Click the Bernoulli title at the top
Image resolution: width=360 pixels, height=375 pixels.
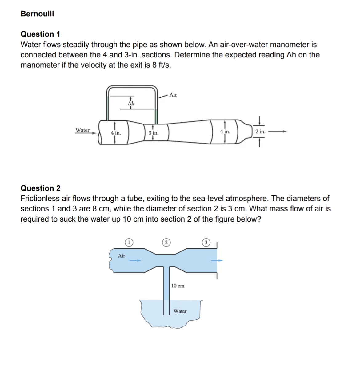point(37,14)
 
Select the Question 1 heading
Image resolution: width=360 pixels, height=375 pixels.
point(40,34)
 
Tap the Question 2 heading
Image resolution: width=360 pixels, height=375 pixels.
point(41,188)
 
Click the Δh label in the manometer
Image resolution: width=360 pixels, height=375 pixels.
point(131,104)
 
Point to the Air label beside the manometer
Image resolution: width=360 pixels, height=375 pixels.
point(173,95)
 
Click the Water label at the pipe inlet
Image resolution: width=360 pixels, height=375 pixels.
point(82,130)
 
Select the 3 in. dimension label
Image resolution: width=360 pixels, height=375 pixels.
point(154,133)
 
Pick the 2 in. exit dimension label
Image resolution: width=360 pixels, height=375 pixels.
point(260,132)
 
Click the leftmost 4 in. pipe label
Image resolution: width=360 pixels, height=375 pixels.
point(116,133)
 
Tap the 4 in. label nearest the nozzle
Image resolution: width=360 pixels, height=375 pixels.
point(225,132)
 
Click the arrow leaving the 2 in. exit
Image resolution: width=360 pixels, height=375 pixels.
point(278,132)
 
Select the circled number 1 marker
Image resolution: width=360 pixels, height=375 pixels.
point(129,243)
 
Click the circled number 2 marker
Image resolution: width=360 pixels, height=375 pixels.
point(166,243)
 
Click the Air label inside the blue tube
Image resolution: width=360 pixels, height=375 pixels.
point(122,256)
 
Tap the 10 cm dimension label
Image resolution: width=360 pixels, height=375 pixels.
point(178,286)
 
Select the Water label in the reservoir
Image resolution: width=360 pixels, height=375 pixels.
point(180,311)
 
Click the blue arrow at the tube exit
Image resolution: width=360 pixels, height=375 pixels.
point(217,261)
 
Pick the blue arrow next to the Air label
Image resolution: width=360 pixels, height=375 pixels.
point(135,261)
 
